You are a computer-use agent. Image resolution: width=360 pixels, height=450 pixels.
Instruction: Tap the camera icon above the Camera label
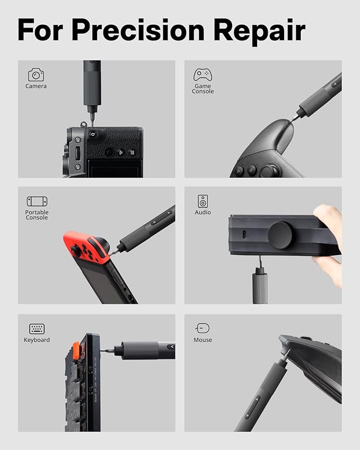point(36,74)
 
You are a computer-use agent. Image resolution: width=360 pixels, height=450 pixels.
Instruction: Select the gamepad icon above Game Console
point(203,74)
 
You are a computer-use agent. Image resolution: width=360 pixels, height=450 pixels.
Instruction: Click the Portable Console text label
point(37,215)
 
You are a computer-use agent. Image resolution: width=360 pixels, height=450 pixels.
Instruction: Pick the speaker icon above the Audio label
point(203,201)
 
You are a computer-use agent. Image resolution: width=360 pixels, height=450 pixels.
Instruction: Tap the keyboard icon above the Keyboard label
point(37,329)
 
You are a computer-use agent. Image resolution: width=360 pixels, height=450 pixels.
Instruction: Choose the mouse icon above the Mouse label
point(203,329)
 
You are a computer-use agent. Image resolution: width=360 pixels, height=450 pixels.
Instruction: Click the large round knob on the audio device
point(280,235)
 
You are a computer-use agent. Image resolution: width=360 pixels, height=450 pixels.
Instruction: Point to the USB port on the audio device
point(243,235)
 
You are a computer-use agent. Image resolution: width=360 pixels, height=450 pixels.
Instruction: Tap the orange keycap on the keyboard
point(76,350)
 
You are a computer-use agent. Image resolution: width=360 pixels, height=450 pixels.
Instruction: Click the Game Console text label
point(203,89)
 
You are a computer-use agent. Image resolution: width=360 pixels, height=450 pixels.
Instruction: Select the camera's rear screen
point(114,169)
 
